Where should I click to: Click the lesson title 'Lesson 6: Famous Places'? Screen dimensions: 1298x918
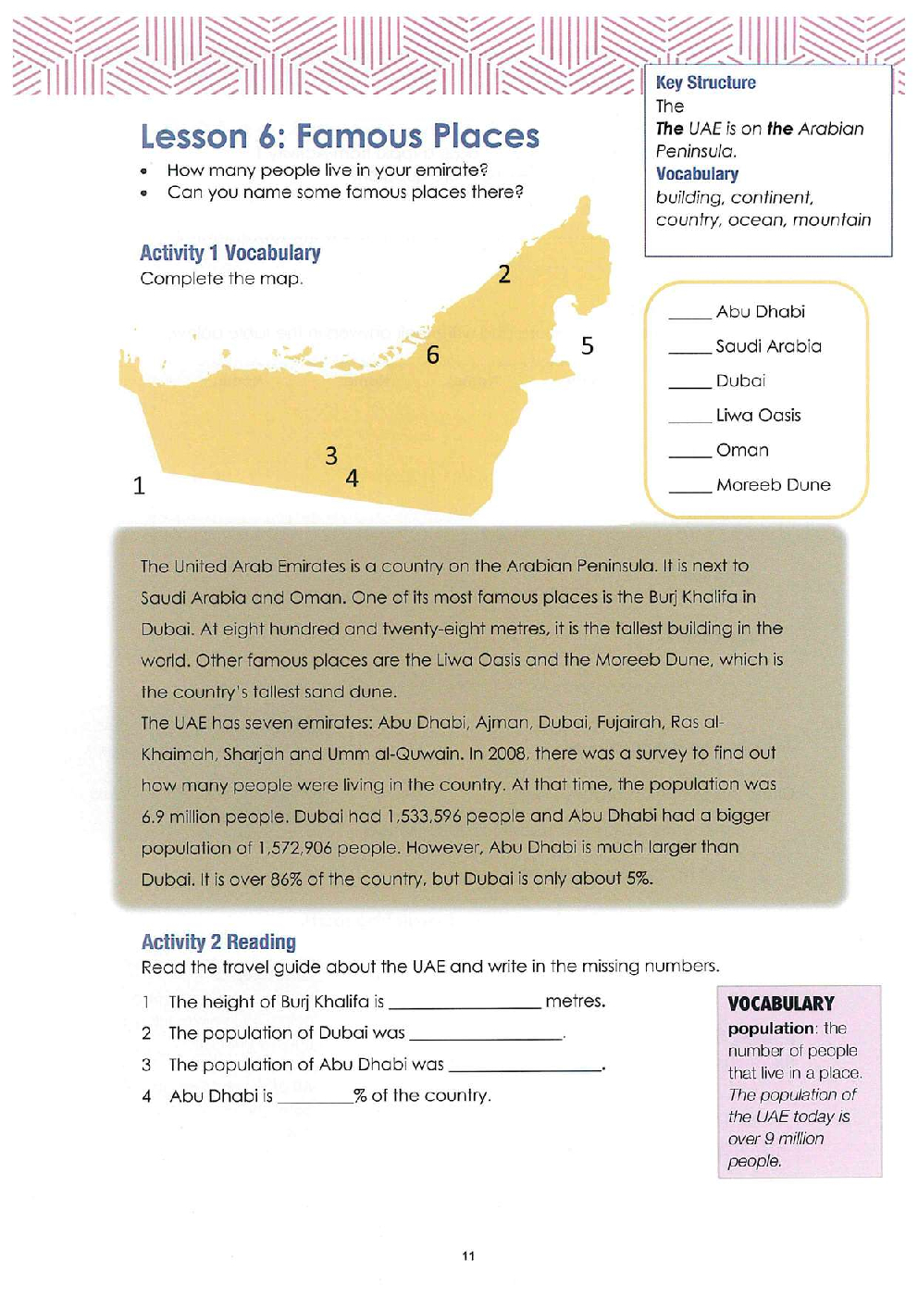(340, 137)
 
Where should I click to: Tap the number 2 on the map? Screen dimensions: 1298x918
(504, 274)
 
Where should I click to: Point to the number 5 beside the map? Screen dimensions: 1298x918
(588, 346)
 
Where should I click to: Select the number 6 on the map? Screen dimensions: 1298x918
(433, 356)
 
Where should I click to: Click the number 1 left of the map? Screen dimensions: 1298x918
(139, 486)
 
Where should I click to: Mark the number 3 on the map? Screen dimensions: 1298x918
(331, 456)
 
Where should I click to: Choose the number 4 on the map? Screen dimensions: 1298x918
(353, 479)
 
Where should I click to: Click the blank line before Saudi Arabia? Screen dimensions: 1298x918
(689, 351)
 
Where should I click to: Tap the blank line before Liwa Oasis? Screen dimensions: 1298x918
(689, 420)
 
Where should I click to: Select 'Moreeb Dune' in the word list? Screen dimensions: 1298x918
(773, 485)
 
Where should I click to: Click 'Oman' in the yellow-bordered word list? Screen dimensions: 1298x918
(742, 451)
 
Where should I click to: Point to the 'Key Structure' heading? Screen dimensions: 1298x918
(705, 83)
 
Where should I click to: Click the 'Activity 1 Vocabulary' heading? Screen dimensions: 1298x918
(229, 254)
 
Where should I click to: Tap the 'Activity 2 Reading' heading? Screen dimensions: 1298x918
(218, 942)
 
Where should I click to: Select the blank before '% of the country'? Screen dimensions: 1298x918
(315, 1100)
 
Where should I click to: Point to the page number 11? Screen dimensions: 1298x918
(468, 1256)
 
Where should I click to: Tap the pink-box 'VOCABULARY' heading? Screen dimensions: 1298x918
(780, 1005)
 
